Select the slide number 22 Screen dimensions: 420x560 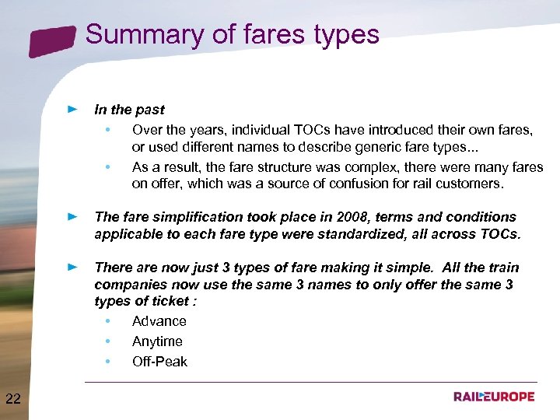[13, 400]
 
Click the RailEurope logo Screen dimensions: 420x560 [494, 397]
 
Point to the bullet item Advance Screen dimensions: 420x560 [159, 321]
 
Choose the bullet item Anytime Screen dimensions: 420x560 [157, 341]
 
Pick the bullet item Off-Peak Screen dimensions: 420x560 [159, 362]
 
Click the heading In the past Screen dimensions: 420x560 [129, 110]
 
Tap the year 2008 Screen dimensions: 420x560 [330, 217]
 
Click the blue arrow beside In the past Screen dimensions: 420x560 [72, 110]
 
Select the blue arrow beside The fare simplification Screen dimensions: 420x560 [72, 217]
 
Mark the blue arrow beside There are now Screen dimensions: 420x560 [72, 268]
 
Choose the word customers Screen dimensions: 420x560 [471, 184]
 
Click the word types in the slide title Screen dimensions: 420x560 [345, 35]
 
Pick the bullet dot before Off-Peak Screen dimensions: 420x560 [107, 362]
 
